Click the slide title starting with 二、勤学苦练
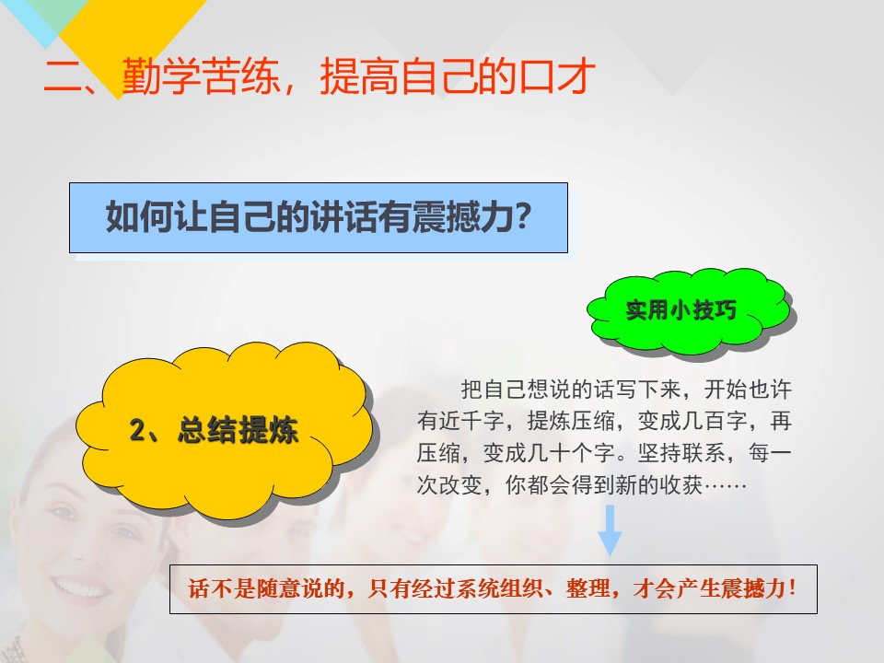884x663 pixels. click(x=320, y=76)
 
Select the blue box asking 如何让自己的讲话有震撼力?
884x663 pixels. click(x=319, y=217)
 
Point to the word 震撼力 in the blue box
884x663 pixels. click(x=461, y=216)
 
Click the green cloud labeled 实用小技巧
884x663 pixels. click(x=691, y=310)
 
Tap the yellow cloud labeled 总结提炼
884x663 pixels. click(x=225, y=431)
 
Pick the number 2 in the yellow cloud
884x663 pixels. click(x=137, y=430)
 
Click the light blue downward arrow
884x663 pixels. click(x=610, y=530)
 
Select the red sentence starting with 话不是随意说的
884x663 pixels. click(x=493, y=588)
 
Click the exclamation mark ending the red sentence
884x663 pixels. click(x=793, y=588)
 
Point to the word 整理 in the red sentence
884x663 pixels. click(x=588, y=588)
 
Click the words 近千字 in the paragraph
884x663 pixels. click(x=471, y=421)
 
